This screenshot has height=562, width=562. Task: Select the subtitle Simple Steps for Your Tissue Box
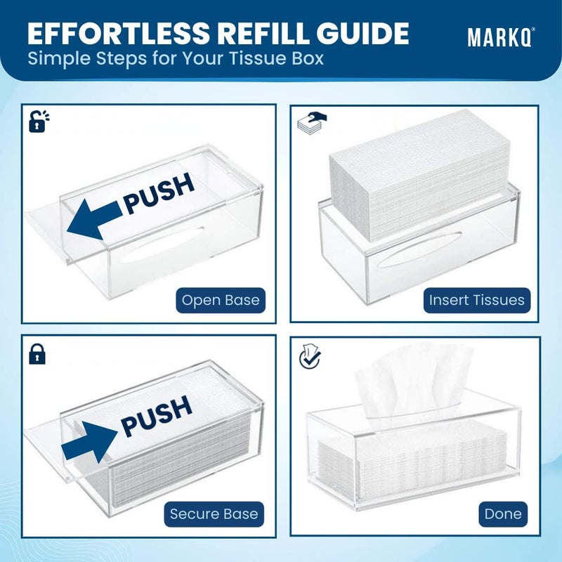click(176, 58)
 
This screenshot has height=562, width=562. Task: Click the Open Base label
click(221, 301)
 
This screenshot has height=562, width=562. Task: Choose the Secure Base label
click(214, 514)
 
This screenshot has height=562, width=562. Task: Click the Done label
click(503, 514)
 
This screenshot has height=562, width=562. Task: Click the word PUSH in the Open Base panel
click(159, 195)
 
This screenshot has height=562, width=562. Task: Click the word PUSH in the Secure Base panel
click(157, 415)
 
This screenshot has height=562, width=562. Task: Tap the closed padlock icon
click(35, 355)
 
